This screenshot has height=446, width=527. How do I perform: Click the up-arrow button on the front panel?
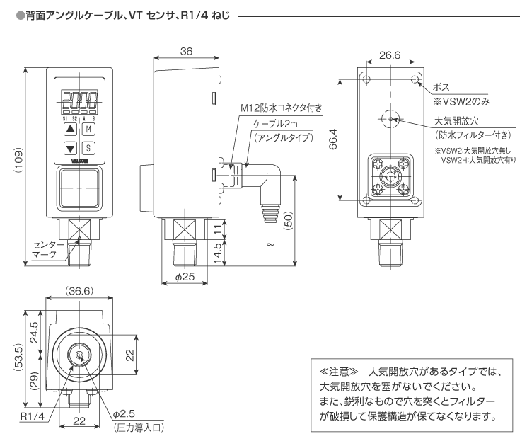[x=69, y=130]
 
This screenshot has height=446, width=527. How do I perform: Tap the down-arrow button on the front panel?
[x=69, y=149]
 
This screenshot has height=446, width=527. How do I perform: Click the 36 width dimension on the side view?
[x=186, y=51]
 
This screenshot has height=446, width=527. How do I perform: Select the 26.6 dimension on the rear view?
[x=390, y=55]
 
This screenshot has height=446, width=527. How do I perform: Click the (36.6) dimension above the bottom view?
[x=79, y=291]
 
